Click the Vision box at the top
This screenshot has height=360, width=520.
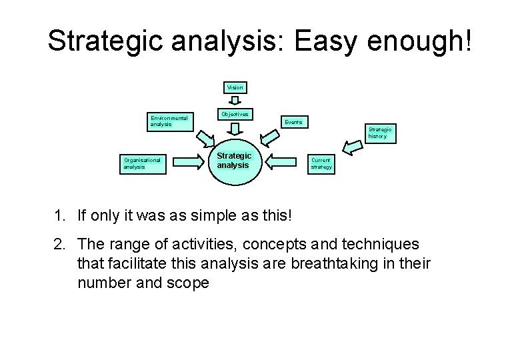(x=235, y=87)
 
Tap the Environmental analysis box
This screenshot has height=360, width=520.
(x=169, y=121)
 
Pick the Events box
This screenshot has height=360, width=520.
(x=293, y=122)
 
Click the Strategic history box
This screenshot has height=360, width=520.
(x=381, y=133)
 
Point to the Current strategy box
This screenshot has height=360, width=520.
(x=321, y=164)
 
